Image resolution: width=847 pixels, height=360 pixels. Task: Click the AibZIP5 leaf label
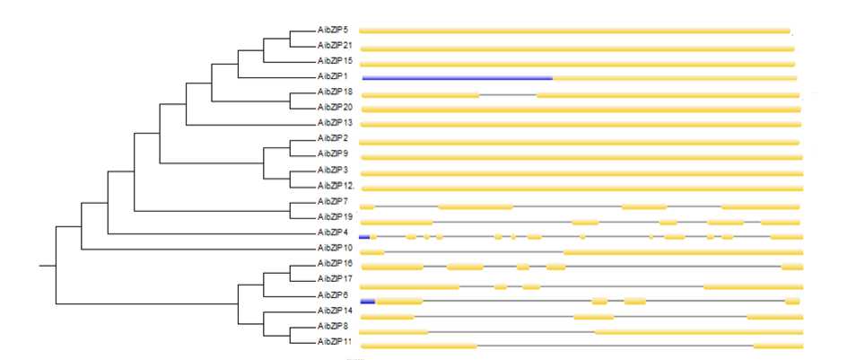(332, 30)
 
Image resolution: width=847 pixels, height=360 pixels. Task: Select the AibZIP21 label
(334, 45)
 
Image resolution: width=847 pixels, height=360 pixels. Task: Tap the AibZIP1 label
(332, 76)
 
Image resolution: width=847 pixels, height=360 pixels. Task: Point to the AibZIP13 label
(334, 122)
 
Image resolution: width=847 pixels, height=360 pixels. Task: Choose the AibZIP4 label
(332, 232)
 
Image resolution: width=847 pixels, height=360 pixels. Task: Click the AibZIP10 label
(334, 247)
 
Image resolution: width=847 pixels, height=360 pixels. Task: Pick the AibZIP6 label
(332, 294)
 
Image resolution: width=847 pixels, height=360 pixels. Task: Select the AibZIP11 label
(334, 342)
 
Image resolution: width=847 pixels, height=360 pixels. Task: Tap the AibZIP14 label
(334, 310)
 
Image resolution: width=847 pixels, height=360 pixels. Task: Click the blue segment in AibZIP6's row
(367, 301)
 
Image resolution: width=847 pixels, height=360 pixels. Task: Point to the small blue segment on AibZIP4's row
(363, 236)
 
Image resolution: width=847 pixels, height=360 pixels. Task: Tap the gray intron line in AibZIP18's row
(507, 94)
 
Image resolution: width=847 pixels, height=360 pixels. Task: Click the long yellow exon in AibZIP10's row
(682, 252)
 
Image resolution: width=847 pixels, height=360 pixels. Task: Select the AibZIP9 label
(332, 154)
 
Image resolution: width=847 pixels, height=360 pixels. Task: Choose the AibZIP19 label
(334, 216)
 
